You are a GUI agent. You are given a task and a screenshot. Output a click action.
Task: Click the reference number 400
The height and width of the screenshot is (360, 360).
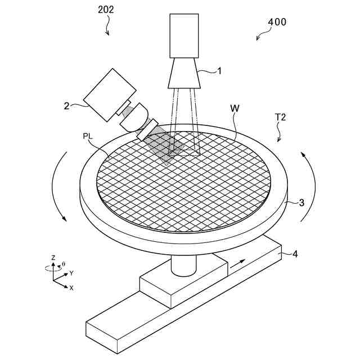pyautogui.click(x=276, y=22)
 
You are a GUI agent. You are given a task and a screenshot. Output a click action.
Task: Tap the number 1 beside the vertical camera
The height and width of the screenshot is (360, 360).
pyautogui.click(x=220, y=71)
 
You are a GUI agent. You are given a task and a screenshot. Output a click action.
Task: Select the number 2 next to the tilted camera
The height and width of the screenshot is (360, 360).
pyautogui.click(x=66, y=105)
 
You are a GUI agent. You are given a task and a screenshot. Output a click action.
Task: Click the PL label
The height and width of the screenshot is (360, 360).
pyautogui.click(x=88, y=136)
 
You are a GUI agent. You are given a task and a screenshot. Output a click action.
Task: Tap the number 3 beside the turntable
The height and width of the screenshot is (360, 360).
pyautogui.click(x=301, y=202)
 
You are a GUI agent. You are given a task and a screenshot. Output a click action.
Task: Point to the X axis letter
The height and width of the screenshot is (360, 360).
pyautogui.click(x=71, y=287)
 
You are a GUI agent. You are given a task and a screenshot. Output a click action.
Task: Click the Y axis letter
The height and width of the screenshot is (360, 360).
pyautogui.click(x=71, y=273)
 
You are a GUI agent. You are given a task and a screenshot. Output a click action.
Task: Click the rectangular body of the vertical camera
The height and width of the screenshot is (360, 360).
pyautogui.click(x=184, y=35)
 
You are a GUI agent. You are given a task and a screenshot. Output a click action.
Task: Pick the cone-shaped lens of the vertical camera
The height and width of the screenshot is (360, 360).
pyautogui.click(x=184, y=73)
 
